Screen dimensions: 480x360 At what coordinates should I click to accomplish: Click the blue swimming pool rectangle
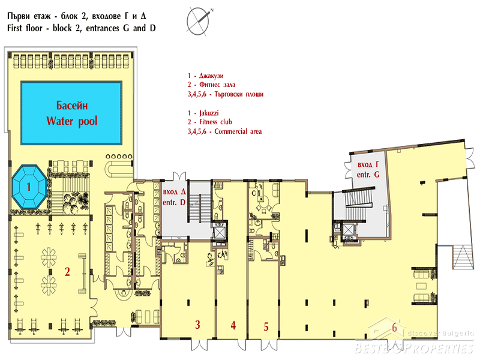pyautogui.click(x=71, y=113)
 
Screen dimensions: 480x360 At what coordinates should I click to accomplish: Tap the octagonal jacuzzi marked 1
pyautogui.click(x=29, y=187)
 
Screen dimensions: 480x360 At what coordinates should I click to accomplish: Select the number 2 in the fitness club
pyautogui.click(x=67, y=272)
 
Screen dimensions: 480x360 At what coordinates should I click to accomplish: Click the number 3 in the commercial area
pyautogui.click(x=198, y=325)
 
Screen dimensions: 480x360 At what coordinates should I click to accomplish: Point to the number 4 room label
pyautogui.click(x=233, y=325)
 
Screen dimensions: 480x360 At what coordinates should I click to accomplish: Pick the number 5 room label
pyautogui.click(x=266, y=326)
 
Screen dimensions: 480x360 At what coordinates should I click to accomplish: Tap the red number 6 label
pyautogui.click(x=395, y=327)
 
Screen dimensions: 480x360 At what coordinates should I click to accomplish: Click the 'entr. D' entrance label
pyautogui.click(x=174, y=202)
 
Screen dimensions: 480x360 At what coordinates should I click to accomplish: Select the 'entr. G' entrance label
pyautogui.click(x=368, y=175)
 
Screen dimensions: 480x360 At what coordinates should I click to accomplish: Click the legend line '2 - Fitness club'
pyautogui.click(x=209, y=122)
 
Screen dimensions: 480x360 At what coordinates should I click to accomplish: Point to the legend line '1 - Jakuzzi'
pyautogui.click(x=203, y=113)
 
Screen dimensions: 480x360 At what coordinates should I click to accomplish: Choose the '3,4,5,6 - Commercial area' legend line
pyautogui.click(x=224, y=131)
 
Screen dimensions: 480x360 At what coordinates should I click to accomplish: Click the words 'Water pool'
pyautogui.click(x=72, y=121)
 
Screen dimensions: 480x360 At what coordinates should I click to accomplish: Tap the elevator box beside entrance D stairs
pyautogui.click(x=220, y=233)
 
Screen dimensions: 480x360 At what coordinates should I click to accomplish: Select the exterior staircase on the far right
pyautogui.click(x=463, y=257)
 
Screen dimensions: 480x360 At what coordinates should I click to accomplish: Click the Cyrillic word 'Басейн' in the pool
pyautogui.click(x=72, y=106)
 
